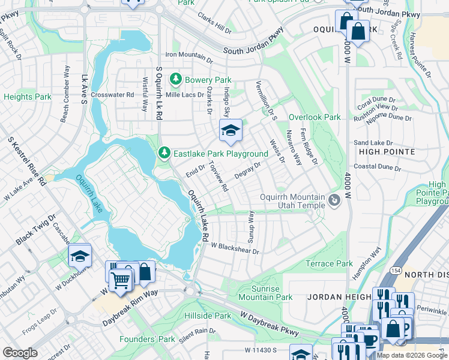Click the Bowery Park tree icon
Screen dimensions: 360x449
(x=175, y=79)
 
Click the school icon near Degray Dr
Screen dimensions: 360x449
(x=230, y=130)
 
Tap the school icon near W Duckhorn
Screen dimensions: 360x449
(x=80, y=256)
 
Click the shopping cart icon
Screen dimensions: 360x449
(x=120, y=279)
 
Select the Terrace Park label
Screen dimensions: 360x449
(x=329, y=263)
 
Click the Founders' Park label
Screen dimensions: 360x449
(x=154, y=339)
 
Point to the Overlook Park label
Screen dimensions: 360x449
(x=315, y=118)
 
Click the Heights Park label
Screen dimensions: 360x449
(x=27, y=97)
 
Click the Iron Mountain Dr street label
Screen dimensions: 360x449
(x=189, y=55)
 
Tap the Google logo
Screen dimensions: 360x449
(x=20, y=353)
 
